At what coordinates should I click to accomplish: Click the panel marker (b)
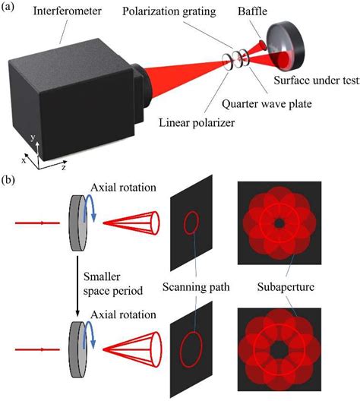click(x=11, y=183)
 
